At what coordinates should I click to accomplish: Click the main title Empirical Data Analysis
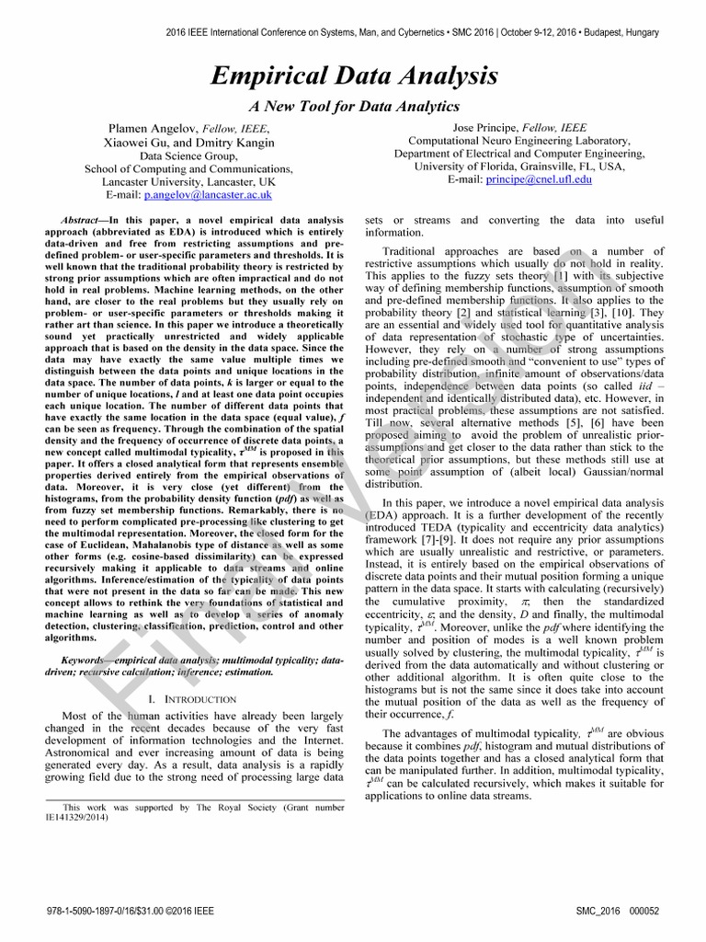point(354,75)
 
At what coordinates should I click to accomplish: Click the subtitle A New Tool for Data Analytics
point(354,107)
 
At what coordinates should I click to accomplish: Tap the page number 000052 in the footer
point(643,910)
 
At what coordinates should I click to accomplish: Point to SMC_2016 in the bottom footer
point(598,910)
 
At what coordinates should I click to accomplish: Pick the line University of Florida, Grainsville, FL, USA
point(519,167)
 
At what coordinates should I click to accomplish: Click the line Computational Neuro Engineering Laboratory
point(519,141)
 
